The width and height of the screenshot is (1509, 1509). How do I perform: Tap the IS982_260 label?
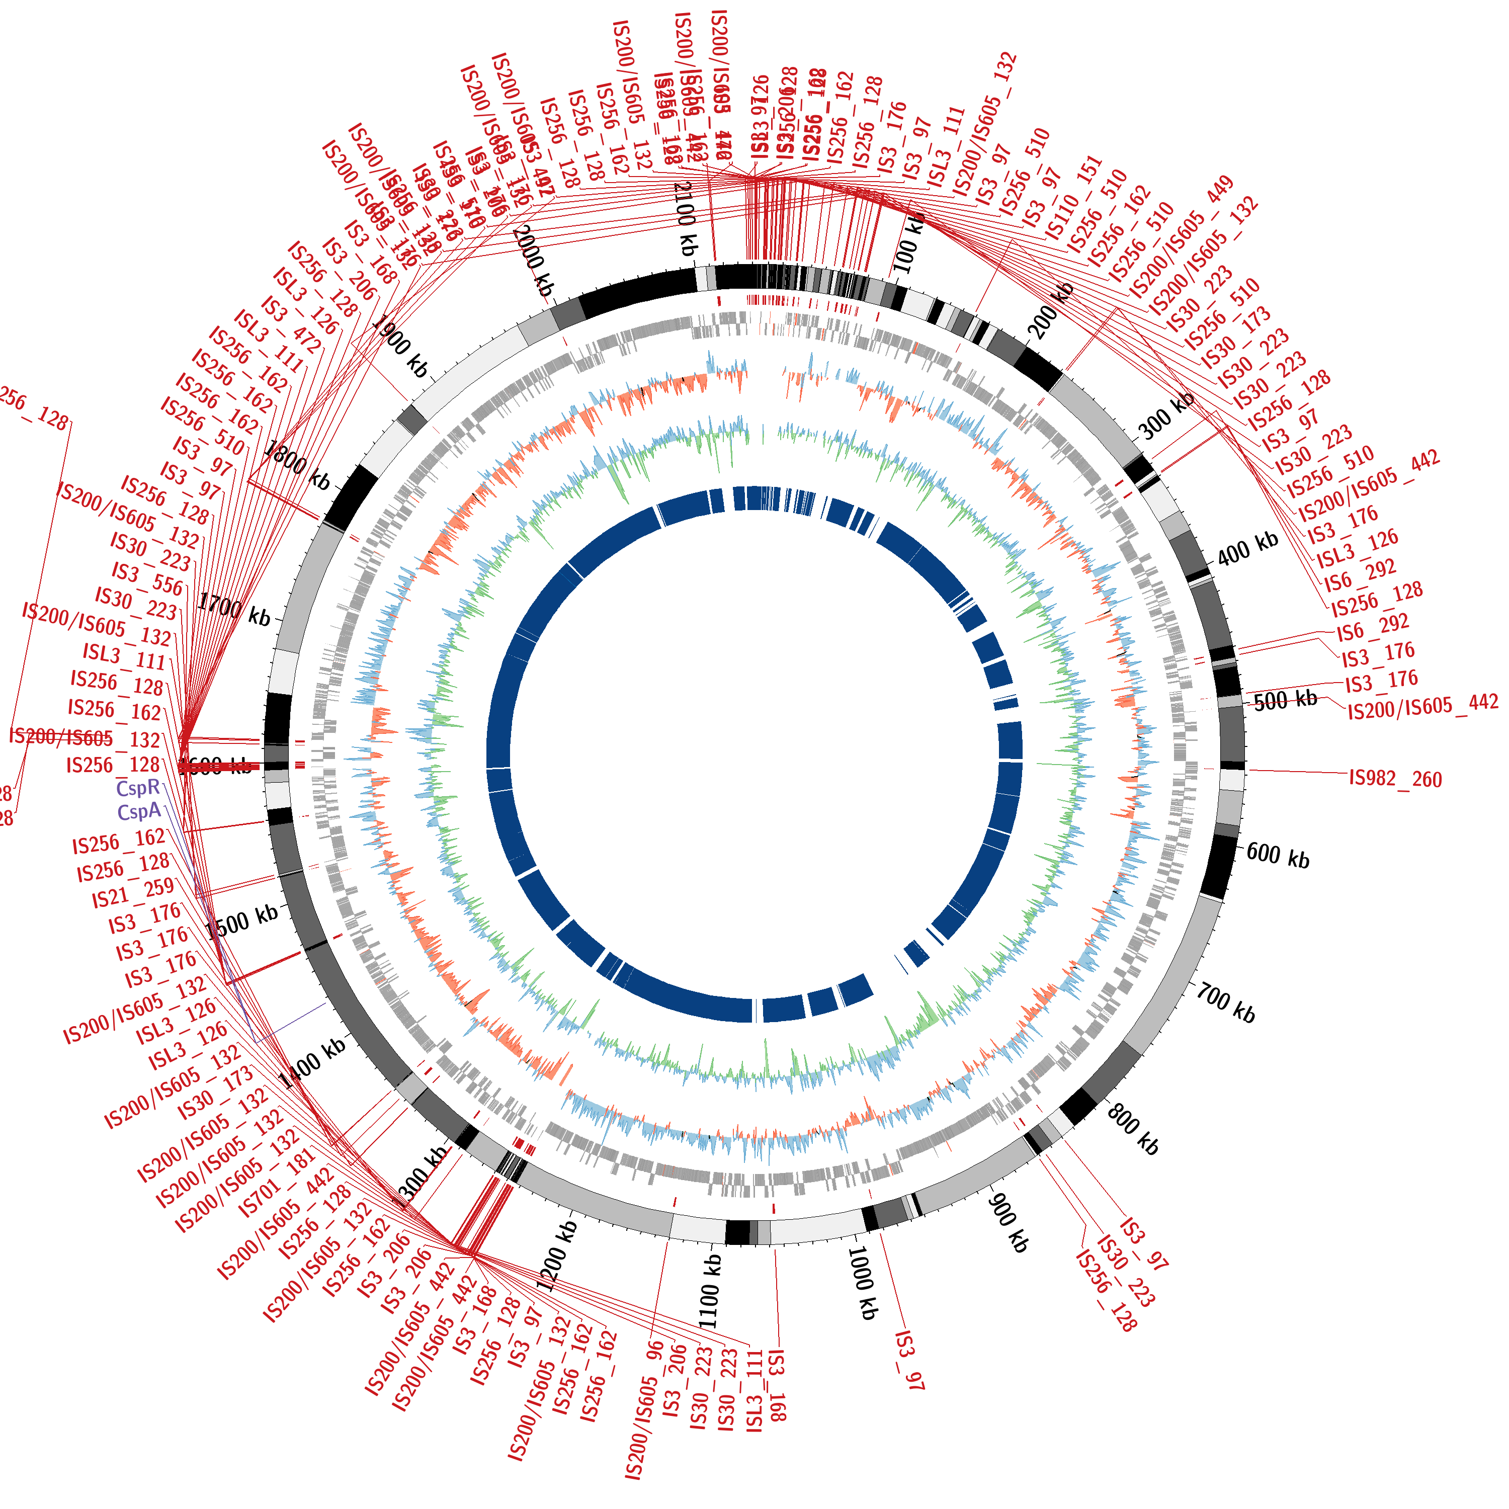click(1395, 778)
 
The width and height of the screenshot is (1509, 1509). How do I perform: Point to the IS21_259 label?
click(133, 893)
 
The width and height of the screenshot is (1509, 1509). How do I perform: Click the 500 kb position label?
click(1285, 700)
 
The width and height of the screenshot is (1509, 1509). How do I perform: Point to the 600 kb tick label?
click(1278, 855)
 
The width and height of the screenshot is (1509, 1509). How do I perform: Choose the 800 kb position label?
click(1133, 1130)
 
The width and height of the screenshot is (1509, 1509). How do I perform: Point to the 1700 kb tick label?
click(233, 609)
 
